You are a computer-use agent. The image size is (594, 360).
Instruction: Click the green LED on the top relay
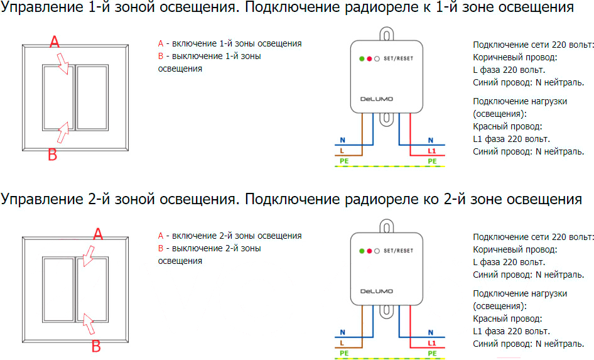pyautogui.click(x=362, y=58)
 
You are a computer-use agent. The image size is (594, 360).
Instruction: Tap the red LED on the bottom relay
pyautogui.click(x=369, y=251)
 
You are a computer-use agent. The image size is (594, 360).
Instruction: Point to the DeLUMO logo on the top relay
pyautogui.click(x=377, y=99)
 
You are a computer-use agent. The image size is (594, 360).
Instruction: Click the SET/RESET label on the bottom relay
pyautogui.click(x=398, y=251)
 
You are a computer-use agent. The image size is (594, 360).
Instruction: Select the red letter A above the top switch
pyautogui.click(x=55, y=41)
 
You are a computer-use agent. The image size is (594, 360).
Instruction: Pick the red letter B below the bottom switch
pyautogui.click(x=96, y=346)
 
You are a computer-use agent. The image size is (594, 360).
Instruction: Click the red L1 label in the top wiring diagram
pyautogui.click(x=432, y=151)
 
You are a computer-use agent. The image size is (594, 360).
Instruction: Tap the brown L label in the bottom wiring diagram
pyautogui.click(x=342, y=343)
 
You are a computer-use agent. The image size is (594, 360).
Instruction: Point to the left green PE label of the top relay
pyautogui.click(x=344, y=161)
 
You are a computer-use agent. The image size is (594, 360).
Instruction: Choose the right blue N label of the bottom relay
pyautogui.click(x=431, y=332)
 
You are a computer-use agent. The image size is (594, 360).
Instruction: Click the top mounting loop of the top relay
pyautogui.click(x=386, y=34)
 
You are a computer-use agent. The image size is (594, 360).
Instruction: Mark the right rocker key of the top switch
pyautogui.click(x=92, y=97)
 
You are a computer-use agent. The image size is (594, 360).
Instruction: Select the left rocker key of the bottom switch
pyautogui.click(x=58, y=290)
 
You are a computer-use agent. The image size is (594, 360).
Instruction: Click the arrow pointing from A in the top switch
pyautogui.click(x=63, y=63)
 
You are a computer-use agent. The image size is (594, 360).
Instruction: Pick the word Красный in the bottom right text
pyautogui.click(x=489, y=319)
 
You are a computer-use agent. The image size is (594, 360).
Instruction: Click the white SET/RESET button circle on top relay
pyautogui.click(x=377, y=58)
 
